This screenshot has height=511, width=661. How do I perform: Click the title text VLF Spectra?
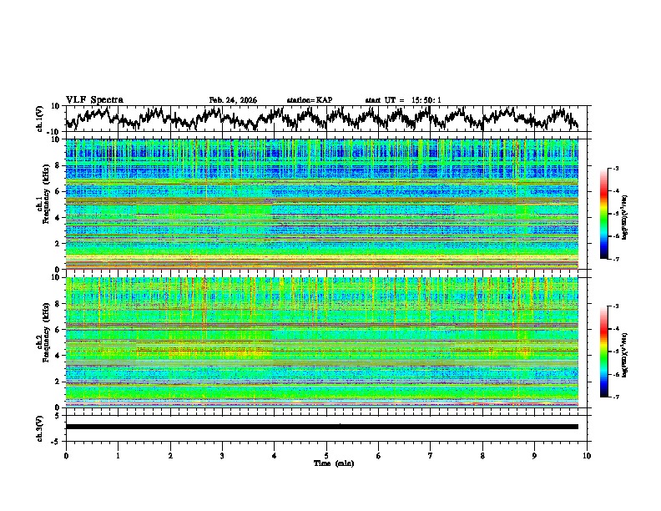[94, 99]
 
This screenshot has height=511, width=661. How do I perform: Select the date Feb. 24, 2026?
[233, 100]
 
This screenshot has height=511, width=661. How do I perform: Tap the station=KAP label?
[309, 100]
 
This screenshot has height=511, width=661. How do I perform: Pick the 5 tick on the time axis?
[326, 454]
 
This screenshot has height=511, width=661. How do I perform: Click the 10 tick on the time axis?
[587, 454]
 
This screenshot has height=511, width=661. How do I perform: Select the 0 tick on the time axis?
[66, 454]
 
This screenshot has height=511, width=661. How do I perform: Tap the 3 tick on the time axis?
[222, 454]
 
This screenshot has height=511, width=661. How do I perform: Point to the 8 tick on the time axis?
[482, 454]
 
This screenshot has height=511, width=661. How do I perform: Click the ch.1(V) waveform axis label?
[40, 119]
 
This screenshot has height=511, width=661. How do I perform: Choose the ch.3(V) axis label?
[40, 427]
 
